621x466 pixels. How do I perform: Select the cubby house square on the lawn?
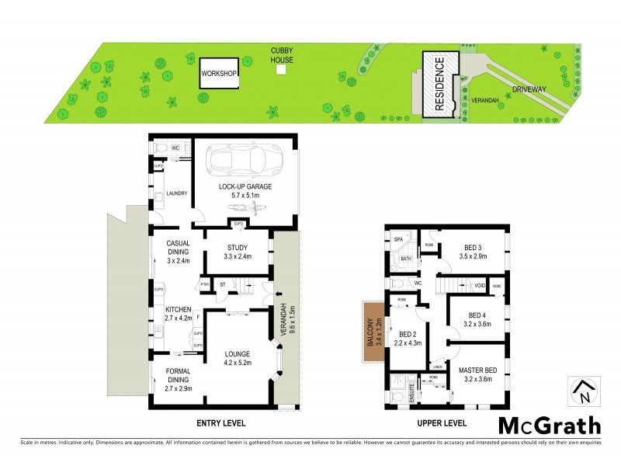(281, 70)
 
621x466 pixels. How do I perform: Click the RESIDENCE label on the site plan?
(439, 85)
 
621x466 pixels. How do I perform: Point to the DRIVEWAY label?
(529, 89)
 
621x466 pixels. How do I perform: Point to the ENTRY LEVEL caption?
(218, 423)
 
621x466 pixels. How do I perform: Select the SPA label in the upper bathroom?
(398, 239)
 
